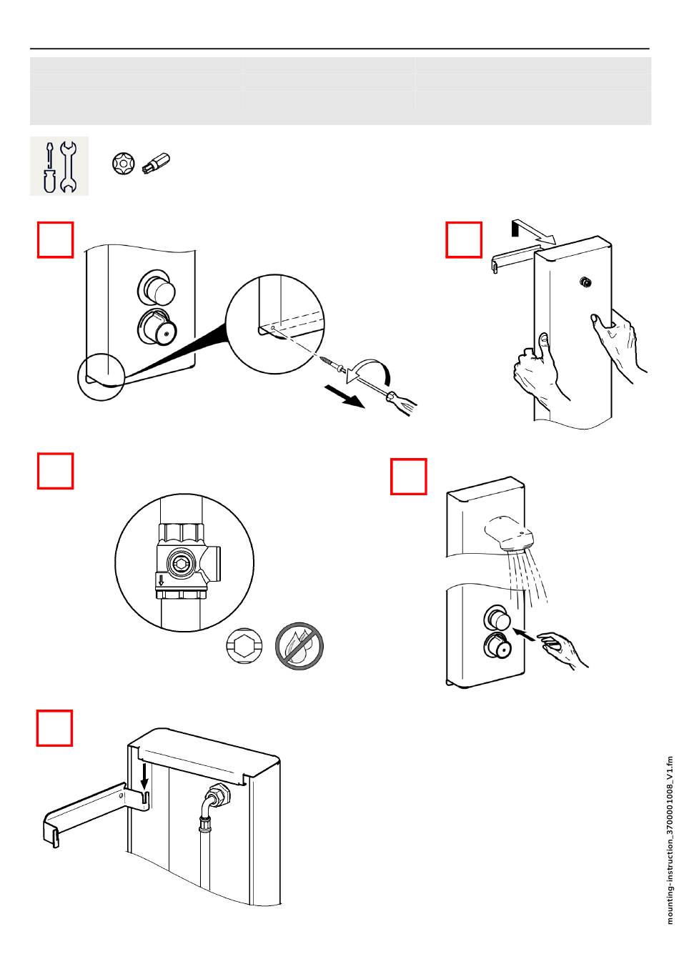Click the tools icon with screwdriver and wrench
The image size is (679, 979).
[x=59, y=166]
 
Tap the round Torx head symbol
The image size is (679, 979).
[x=123, y=164]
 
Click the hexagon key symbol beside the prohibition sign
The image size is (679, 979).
[x=245, y=646]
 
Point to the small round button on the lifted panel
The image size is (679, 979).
[x=585, y=282]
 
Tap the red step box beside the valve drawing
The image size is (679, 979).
[x=56, y=470]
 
